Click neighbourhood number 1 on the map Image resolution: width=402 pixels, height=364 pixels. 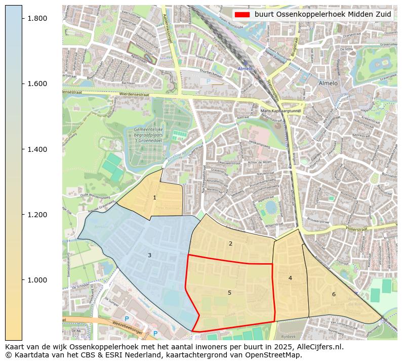(x=154, y=197)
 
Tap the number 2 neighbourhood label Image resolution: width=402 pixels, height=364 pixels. (x=230, y=244)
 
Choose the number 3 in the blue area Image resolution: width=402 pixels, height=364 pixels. (x=149, y=255)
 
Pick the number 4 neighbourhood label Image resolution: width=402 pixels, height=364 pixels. (x=290, y=278)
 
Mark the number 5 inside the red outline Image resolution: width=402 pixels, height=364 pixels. (x=229, y=293)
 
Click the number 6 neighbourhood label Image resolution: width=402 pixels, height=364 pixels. (x=334, y=294)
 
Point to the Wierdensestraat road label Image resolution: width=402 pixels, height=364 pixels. (x=136, y=94)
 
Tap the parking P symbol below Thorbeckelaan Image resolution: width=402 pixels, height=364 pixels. (x=207, y=81)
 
